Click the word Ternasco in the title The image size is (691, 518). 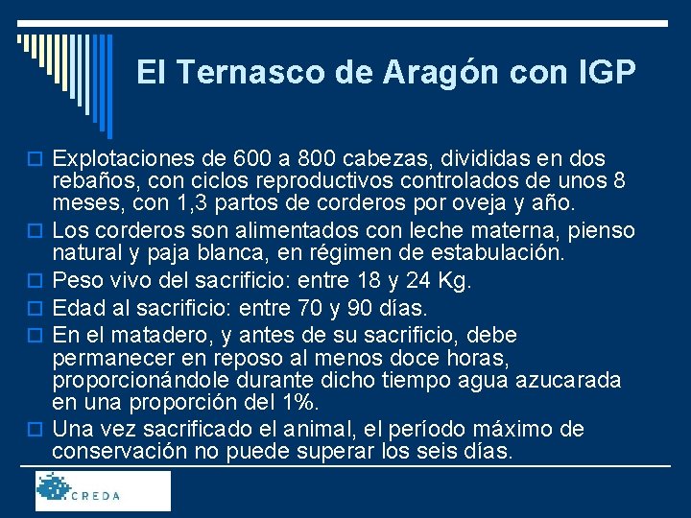tap(236, 72)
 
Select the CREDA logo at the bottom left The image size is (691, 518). tap(103, 490)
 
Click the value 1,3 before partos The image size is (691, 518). tap(185, 203)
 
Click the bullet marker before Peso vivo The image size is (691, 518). tap(39, 283)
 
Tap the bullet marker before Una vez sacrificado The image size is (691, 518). tap(39, 429)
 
